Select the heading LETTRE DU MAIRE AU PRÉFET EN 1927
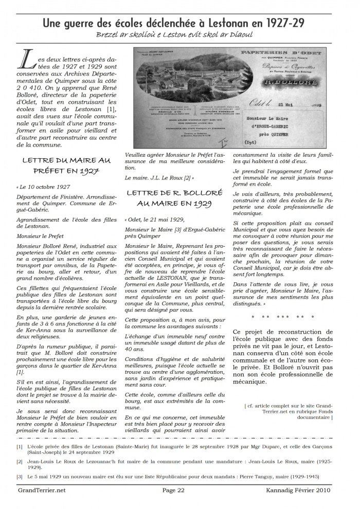click(67, 166)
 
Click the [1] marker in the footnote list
click(20, 447)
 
